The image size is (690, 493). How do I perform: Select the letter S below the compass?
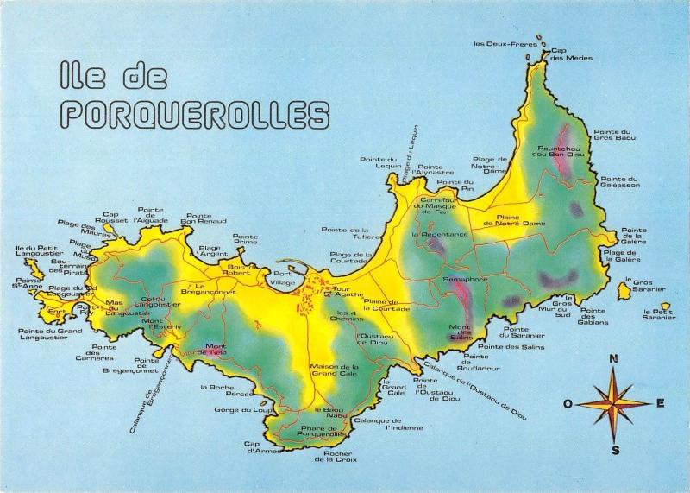point(615,449)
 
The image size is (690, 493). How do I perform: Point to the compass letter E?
point(661,403)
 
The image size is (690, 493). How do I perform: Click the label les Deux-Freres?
point(505,43)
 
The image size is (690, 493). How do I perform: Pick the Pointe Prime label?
point(245,240)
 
